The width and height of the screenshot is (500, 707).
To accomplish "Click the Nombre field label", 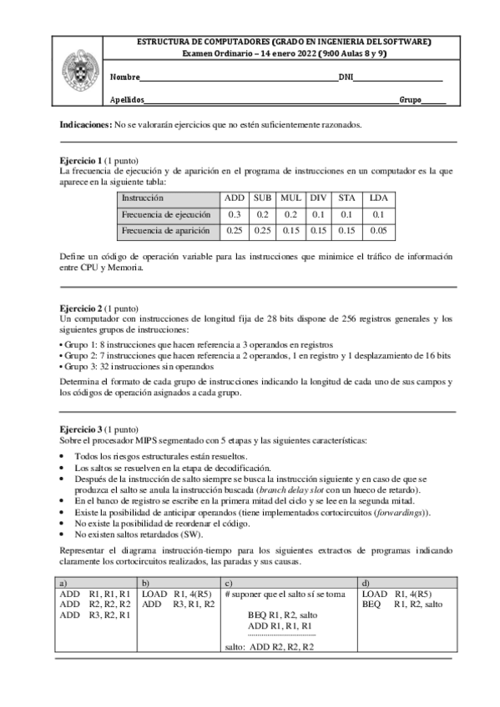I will click(x=124, y=78).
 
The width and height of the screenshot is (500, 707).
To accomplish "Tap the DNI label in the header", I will click(x=346, y=78).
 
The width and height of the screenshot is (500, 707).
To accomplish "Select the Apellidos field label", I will click(x=127, y=100).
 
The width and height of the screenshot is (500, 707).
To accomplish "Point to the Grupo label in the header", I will click(x=409, y=100).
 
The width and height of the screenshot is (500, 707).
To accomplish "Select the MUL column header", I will click(x=290, y=198).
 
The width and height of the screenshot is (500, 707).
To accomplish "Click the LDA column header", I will click(x=378, y=198).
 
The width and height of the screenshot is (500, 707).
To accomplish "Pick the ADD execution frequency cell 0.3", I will click(x=234, y=214).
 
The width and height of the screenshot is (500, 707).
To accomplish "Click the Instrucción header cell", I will click(x=143, y=198).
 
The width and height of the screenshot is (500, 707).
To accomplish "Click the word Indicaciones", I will click(x=85, y=124).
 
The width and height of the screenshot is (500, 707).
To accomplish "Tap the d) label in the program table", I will click(x=363, y=582).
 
